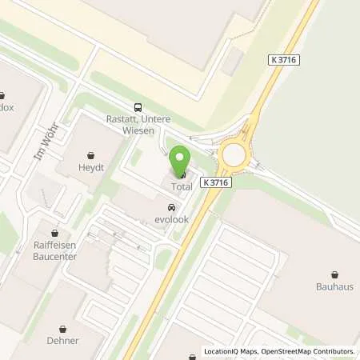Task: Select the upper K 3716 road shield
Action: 284,60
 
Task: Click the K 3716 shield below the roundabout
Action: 216,182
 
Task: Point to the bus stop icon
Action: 138,107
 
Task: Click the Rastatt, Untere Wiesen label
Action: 138,125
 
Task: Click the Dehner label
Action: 63,340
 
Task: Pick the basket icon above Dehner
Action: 63,328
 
